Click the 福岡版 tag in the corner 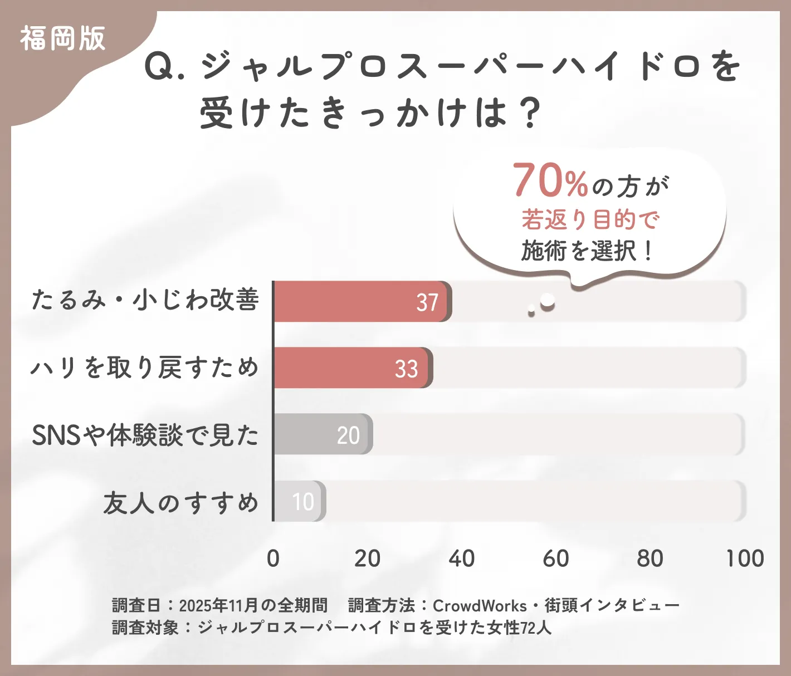tap(62, 39)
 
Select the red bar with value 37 tap(362, 301)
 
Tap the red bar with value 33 tap(353, 368)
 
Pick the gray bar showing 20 tap(323, 434)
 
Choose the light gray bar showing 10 tap(300, 501)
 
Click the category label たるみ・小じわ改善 tap(145, 300)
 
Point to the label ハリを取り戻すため tap(145, 368)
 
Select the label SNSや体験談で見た tap(145, 435)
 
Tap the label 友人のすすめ tap(181, 502)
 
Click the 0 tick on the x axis tap(273, 559)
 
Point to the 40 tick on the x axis tap(462, 559)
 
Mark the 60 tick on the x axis tap(556, 559)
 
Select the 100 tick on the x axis tap(745, 559)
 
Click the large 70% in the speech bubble tap(550, 180)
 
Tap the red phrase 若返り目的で tap(590, 220)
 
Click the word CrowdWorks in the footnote tap(480, 605)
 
